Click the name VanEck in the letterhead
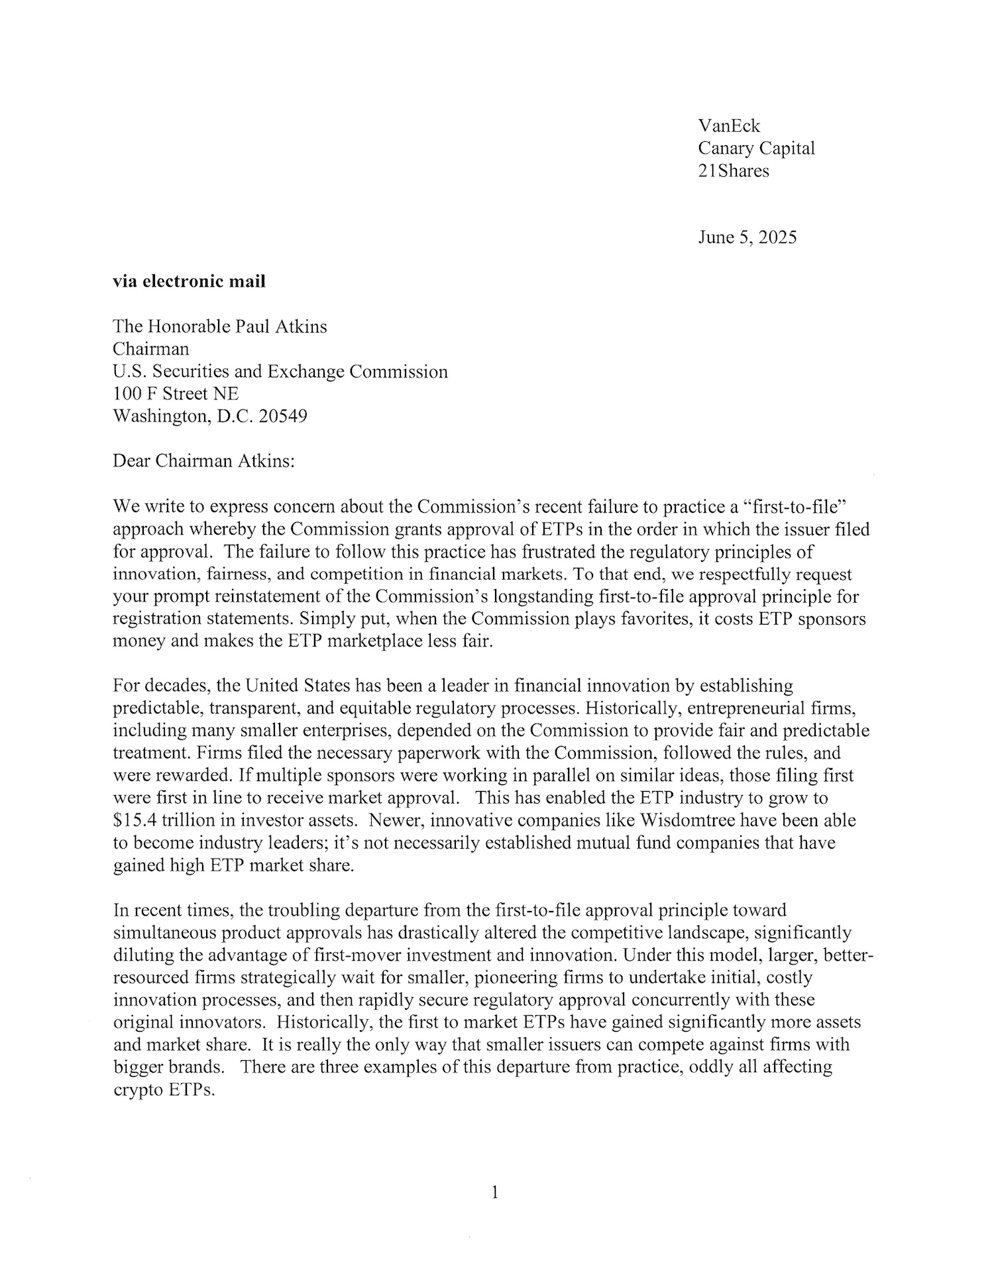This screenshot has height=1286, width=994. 729,126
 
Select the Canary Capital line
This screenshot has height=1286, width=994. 756,148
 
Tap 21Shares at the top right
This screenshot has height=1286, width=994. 734,171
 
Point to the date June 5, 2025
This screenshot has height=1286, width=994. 747,237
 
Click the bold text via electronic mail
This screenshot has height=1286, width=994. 189,282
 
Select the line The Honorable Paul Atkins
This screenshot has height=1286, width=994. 219,327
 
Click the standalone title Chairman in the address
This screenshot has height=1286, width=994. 150,349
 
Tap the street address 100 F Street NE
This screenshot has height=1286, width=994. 176,394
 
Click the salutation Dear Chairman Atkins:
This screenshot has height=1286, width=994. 203,462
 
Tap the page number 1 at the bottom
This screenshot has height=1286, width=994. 495,1193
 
